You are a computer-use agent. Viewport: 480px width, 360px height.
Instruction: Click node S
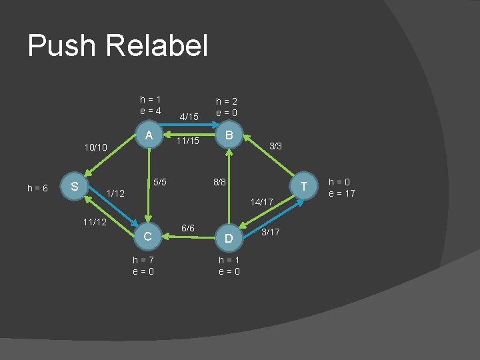(x=75, y=185)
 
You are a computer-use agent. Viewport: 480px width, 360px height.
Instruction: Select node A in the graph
(x=150, y=136)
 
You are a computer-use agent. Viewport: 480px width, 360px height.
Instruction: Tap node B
(x=229, y=136)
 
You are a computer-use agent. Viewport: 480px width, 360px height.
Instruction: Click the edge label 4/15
(x=190, y=117)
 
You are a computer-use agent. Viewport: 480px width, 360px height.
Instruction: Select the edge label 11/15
(x=188, y=141)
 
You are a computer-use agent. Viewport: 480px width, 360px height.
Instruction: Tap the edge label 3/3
(x=275, y=146)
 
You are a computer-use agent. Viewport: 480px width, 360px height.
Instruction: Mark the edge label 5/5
(x=160, y=181)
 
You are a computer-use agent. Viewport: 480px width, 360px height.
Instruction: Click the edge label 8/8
(x=219, y=181)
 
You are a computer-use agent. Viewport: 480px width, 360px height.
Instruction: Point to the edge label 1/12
(x=116, y=193)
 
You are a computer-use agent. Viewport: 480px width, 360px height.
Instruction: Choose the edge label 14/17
(x=262, y=201)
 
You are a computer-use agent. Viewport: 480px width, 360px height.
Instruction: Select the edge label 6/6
(x=188, y=229)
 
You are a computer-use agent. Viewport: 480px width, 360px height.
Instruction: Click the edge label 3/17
(x=271, y=232)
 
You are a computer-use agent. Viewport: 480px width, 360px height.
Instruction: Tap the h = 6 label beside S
(x=37, y=189)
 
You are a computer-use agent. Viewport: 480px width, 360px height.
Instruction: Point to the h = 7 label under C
(x=143, y=260)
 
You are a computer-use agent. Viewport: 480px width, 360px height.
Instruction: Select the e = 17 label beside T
(x=343, y=193)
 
